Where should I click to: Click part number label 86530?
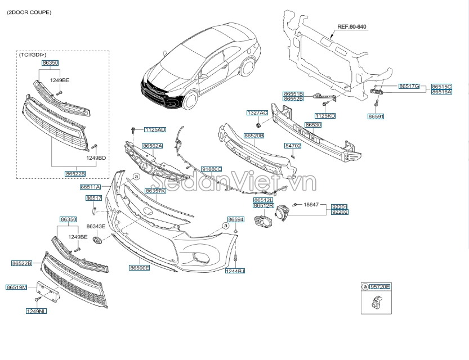[x=313, y=125]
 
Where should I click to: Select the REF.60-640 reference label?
[x=351, y=26]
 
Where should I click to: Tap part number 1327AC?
[x=257, y=113]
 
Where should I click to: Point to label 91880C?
[x=211, y=169]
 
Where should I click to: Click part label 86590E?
[x=139, y=268]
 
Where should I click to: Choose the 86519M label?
[x=16, y=287]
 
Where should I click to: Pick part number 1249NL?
[x=35, y=310]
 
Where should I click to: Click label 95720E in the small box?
[x=380, y=287]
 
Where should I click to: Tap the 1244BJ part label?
[x=235, y=271]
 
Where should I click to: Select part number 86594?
[x=235, y=219]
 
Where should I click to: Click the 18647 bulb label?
[x=311, y=205]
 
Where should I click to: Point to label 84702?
[x=293, y=146]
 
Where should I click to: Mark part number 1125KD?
[x=325, y=115]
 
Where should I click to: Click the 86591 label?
[x=376, y=116]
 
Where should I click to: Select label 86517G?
[x=409, y=86]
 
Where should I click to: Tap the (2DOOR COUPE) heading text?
[x=29, y=12]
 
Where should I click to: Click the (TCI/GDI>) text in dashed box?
[x=33, y=55]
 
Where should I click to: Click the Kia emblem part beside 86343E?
[x=97, y=240]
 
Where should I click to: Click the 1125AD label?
[x=154, y=130]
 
